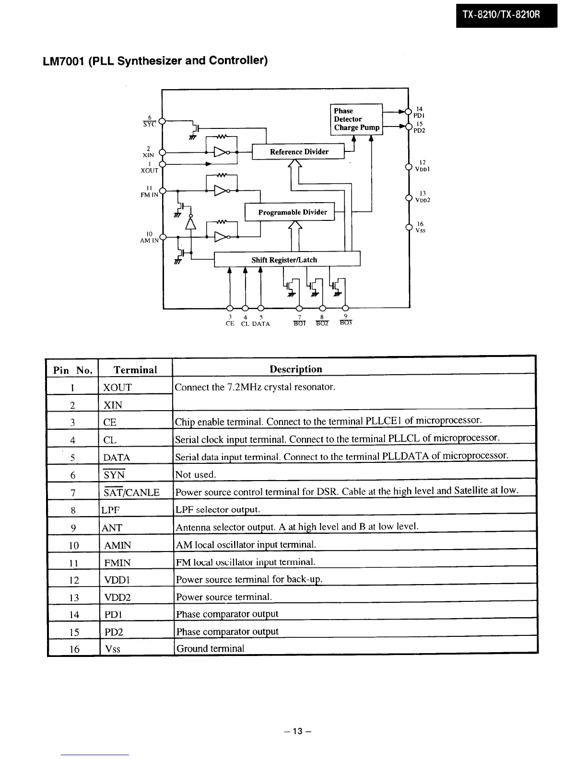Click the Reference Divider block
pos(298,151)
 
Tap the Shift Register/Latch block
pos(286,259)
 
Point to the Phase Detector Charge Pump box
pos(356,119)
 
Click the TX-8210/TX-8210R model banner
pos(506,15)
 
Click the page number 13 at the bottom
pos(297,731)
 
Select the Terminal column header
pos(135,369)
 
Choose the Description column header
pos(295,369)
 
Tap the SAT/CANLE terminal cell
pos(131,492)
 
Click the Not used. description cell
pos(196,474)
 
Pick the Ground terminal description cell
pos(210,648)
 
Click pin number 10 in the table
pos(73,545)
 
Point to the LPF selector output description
pos(218,509)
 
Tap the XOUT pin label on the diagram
pos(150,170)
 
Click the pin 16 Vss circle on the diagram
pos(409,227)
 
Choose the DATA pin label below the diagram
pos(261,324)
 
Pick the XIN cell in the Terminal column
pos(113,405)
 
